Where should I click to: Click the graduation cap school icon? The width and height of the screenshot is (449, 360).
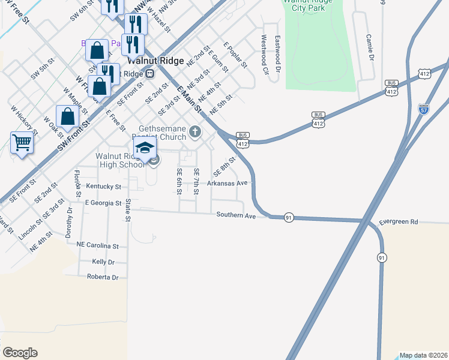pos(145,148)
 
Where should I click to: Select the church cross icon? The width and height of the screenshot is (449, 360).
pos(194,131)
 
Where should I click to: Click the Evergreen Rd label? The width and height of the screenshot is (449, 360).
pos(398,222)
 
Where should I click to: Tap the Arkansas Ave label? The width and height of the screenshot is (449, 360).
pos(228,183)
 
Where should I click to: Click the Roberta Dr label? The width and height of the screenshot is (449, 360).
pos(103,277)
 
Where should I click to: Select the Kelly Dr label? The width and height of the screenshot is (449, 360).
pos(103,262)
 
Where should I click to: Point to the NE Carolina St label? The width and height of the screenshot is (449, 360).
pos(98,245)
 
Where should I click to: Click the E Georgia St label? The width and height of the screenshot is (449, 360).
pos(103,203)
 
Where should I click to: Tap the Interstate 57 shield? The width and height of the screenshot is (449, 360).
pos(424,109)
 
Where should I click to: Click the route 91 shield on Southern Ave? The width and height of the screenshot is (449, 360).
pos(289,218)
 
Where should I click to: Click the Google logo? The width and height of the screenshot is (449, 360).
pos(20,353)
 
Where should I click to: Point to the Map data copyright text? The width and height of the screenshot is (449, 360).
pos(423,355)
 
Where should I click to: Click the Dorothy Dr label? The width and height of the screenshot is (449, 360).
pos(70,220)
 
